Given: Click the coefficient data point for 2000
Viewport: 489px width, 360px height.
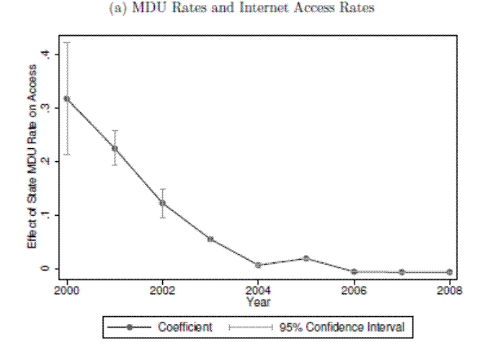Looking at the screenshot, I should [x=67, y=99].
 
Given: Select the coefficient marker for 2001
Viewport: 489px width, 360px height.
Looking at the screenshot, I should [x=115, y=148].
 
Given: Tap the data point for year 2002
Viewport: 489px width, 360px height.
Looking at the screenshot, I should [x=163, y=203].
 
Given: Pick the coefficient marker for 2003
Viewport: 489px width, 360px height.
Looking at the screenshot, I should [x=210, y=239].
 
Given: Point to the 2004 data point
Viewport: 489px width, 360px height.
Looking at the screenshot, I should [x=258, y=265].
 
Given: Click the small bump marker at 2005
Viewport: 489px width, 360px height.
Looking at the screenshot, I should [x=306, y=258].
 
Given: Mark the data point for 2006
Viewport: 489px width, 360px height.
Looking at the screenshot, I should [x=354, y=271].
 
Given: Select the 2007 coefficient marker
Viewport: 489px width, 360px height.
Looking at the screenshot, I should [x=402, y=272].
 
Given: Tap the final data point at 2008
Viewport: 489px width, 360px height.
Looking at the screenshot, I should [x=449, y=272].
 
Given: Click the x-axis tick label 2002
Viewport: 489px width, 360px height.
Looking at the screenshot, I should [x=163, y=290].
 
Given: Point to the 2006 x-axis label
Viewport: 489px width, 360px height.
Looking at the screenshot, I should [x=354, y=290].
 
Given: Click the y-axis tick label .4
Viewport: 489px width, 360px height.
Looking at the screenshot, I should [x=48, y=54].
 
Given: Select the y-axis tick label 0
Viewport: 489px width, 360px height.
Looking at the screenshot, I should [x=48, y=268].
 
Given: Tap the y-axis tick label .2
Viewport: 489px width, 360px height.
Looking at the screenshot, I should [x=48, y=161].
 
